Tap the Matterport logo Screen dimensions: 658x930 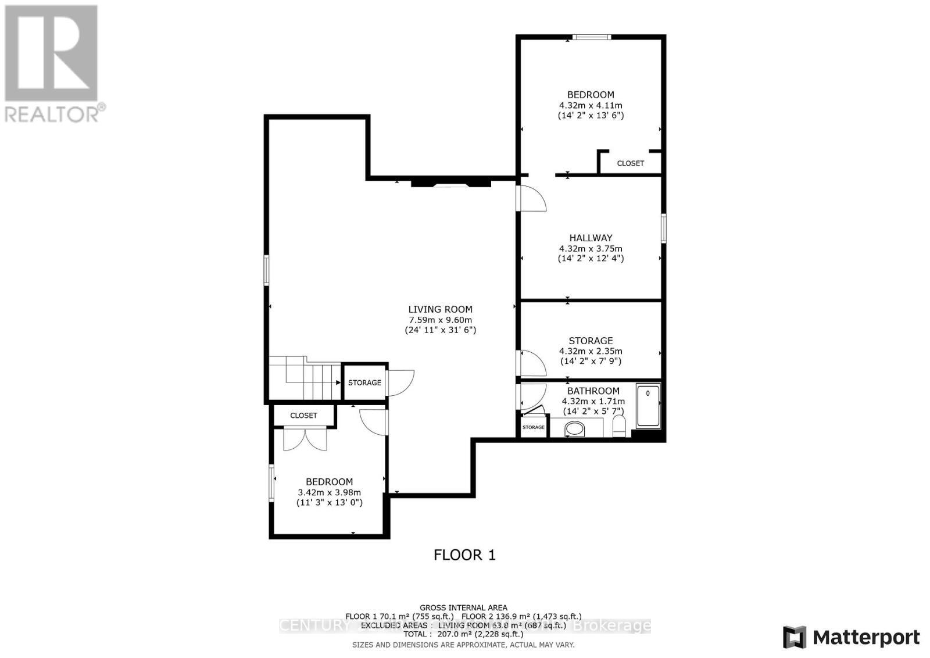(852, 637)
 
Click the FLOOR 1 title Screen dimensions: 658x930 (464, 555)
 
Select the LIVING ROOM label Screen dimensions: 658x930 (440, 309)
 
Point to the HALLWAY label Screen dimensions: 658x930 (591, 238)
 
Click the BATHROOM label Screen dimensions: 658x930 (593, 391)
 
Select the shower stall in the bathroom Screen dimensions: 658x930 (648, 405)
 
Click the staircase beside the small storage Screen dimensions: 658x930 (305, 381)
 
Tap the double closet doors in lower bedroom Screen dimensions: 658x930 (305, 439)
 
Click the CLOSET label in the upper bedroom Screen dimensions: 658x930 (630, 163)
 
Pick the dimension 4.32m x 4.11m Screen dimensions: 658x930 (591, 105)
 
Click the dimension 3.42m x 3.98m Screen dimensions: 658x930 (329, 492)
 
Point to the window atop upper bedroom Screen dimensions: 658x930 (591, 38)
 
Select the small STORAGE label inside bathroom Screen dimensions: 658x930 (533, 427)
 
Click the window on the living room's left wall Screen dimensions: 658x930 (267, 270)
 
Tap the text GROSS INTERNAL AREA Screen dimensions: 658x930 (463, 607)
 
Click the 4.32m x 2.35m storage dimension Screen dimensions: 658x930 (591, 351)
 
